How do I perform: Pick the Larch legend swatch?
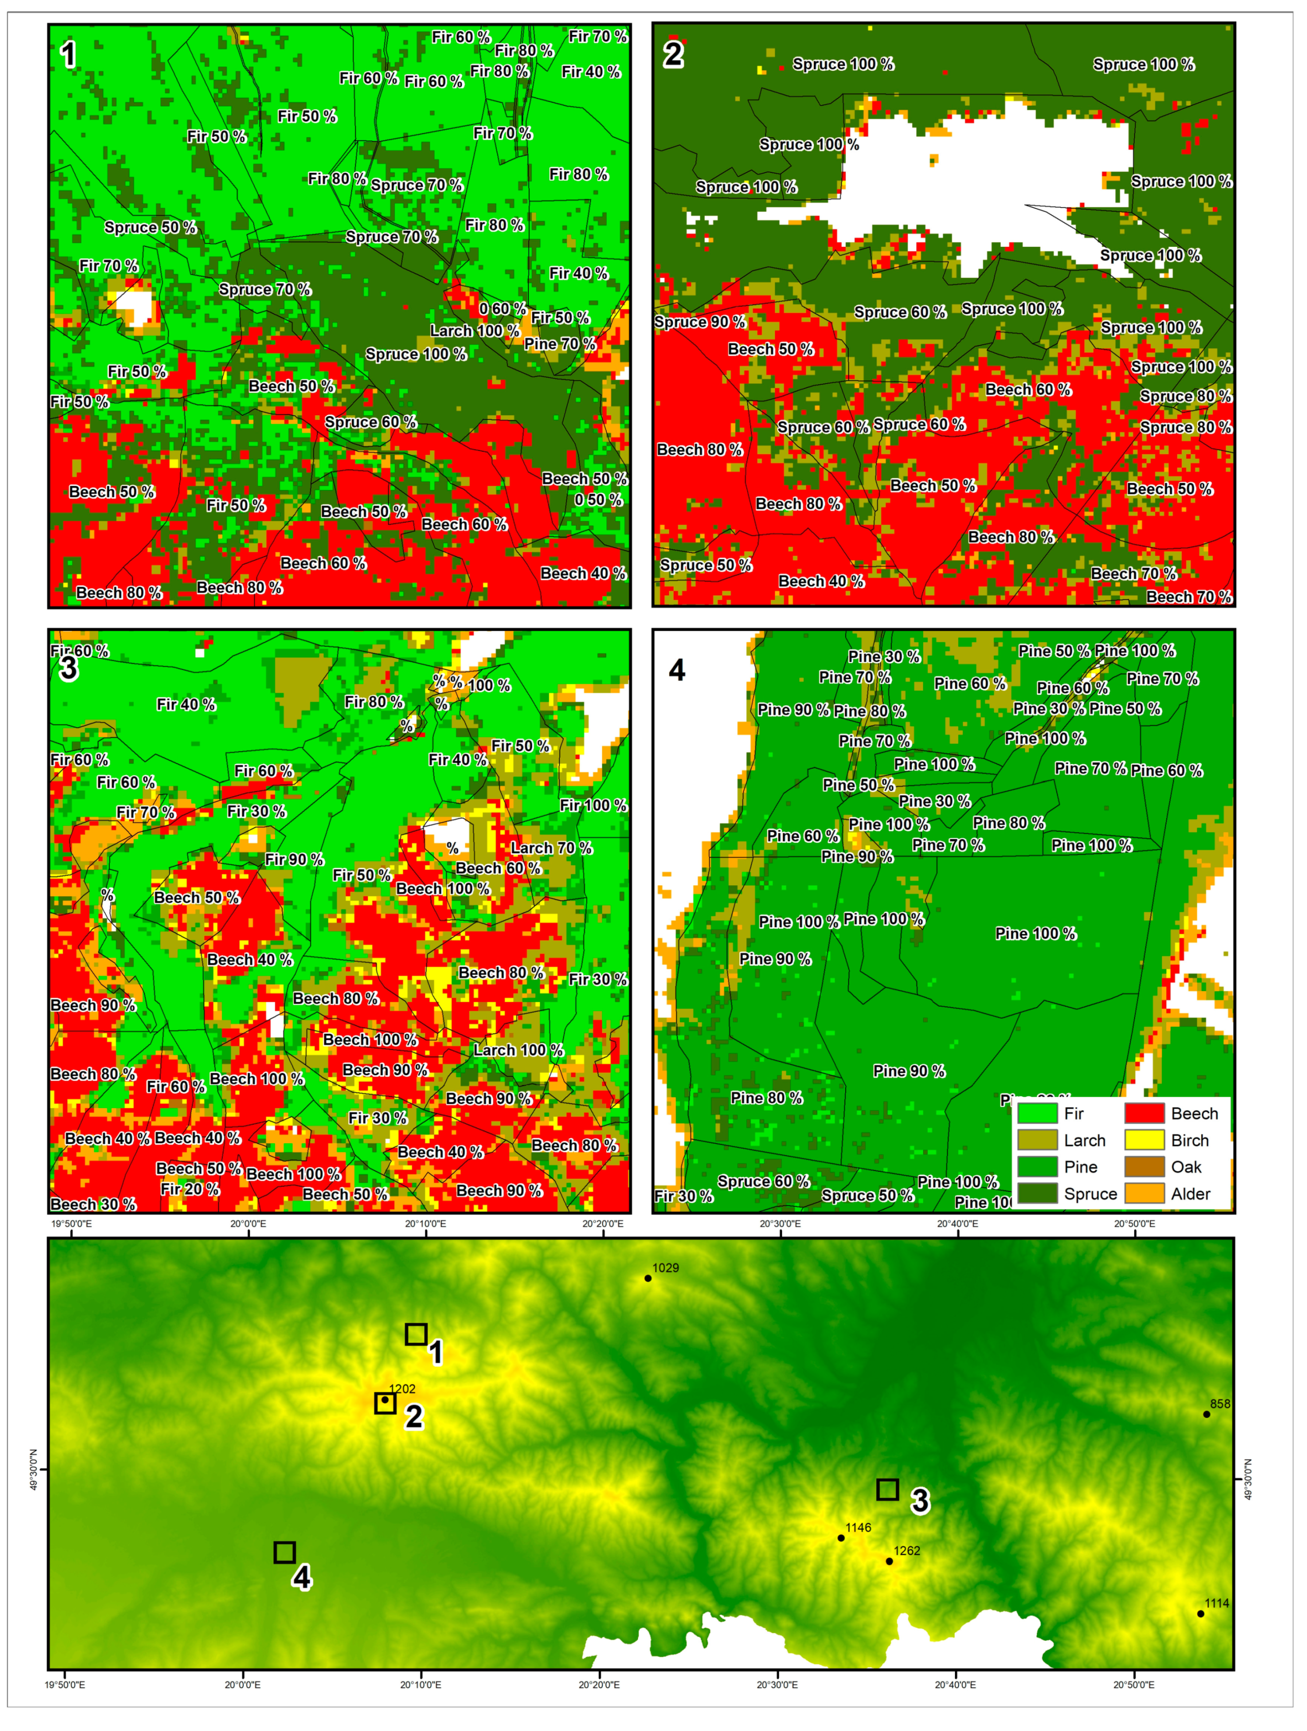[1037, 1140]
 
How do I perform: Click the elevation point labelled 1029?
[648, 1279]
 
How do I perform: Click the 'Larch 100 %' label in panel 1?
[474, 331]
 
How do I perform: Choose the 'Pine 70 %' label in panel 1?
[560, 344]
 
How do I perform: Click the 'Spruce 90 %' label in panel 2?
[700, 323]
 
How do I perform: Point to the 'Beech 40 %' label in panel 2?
[821, 581]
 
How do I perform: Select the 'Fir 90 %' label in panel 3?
[293, 859]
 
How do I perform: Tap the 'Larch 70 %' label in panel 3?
[551, 848]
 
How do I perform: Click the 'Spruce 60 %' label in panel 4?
[763, 1182]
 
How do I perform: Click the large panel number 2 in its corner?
[673, 55]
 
